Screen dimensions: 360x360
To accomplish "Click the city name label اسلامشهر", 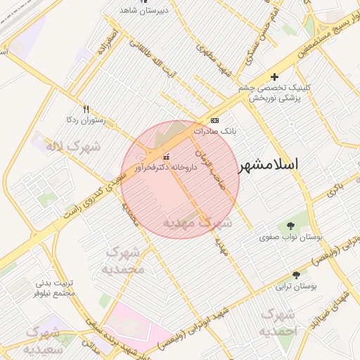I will (x=269, y=165).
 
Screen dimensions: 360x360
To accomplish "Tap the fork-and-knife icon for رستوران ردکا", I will (x=86, y=109).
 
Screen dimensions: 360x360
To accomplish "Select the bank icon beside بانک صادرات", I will (x=214, y=120).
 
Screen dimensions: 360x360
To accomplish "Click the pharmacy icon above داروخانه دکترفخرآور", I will (x=166, y=156).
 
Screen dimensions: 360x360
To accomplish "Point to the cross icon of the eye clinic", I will (x=274, y=77).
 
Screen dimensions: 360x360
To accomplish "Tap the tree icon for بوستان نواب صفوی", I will (x=291, y=226).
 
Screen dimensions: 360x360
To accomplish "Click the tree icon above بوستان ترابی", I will (x=295, y=275).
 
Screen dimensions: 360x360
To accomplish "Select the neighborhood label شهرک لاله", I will (x=73, y=147).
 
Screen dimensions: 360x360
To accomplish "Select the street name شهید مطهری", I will (x=205, y=62).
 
